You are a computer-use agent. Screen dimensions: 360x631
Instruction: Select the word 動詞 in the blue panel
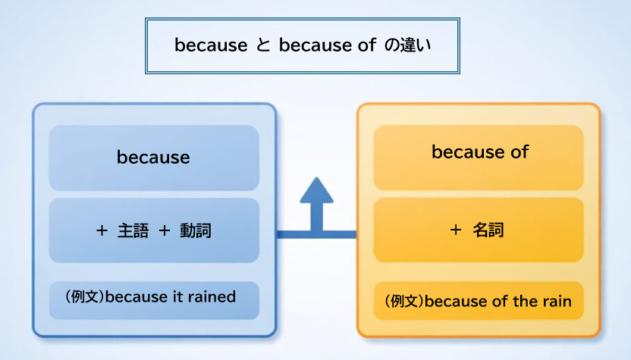[195, 231]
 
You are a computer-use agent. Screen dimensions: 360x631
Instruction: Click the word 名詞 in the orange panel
[488, 230]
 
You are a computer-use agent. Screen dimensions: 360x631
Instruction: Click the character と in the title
[262, 45]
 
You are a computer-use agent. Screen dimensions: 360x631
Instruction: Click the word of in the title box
[366, 45]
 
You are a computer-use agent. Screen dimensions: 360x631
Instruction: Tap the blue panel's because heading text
[153, 158]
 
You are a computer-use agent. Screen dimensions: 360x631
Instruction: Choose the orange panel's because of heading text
[479, 152]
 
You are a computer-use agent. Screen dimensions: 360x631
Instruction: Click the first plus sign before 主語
[102, 231]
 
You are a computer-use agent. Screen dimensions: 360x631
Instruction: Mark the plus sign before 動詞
[164, 231]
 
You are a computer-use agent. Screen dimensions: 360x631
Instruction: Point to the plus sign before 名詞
[456, 230]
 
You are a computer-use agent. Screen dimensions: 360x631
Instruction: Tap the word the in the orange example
[525, 302]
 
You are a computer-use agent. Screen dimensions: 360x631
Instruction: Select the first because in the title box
[211, 45]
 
